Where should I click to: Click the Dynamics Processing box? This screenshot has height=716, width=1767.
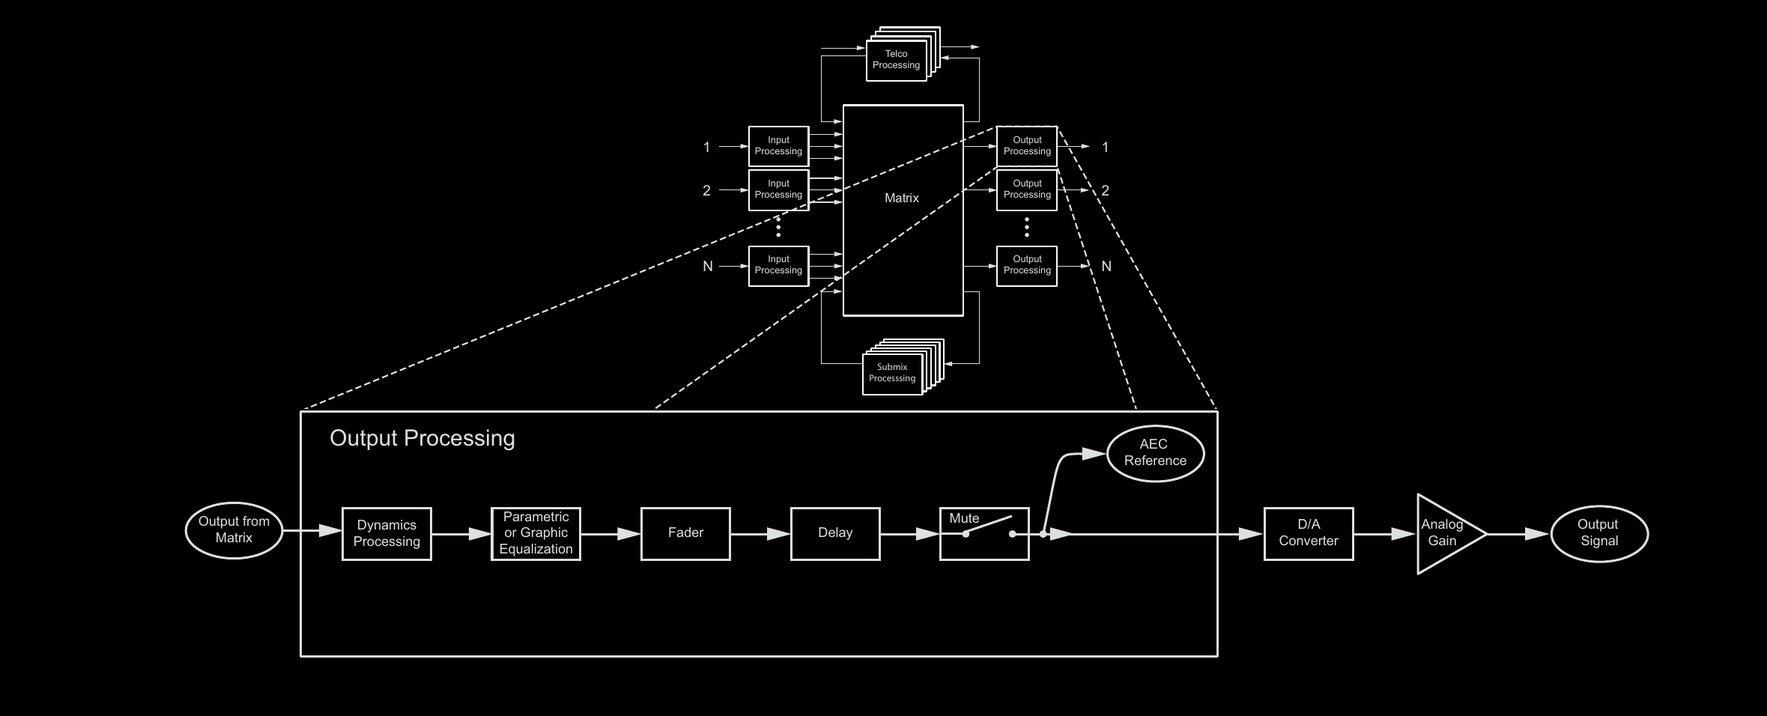(x=387, y=533)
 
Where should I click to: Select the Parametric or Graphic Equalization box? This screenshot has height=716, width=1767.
(x=536, y=533)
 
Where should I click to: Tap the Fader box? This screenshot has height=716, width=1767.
(x=685, y=533)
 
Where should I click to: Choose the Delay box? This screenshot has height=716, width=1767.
(x=835, y=533)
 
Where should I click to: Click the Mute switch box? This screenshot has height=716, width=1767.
(x=984, y=533)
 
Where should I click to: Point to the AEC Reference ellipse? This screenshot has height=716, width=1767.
(x=1155, y=453)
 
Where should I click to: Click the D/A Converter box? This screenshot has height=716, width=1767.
(x=1309, y=533)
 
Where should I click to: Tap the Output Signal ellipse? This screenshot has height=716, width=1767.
(x=1599, y=533)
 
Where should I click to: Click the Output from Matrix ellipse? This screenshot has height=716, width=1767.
(x=234, y=530)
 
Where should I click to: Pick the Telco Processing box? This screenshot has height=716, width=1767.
(x=896, y=60)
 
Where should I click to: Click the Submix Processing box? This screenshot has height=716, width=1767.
(x=892, y=373)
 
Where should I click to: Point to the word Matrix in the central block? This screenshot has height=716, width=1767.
(x=902, y=198)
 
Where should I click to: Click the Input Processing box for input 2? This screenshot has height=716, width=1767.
(x=778, y=189)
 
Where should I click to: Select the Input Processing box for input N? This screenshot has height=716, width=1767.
(x=778, y=265)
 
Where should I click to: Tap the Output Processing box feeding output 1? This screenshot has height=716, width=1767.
(x=1027, y=146)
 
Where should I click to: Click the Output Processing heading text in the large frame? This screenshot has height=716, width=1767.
(x=422, y=438)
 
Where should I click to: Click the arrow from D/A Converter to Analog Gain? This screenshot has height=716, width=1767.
(x=1384, y=534)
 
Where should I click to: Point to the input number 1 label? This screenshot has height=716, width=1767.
(x=706, y=148)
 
